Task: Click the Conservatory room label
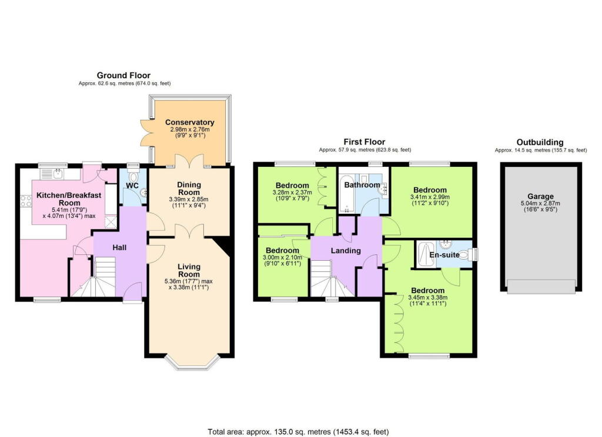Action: coord(189,123)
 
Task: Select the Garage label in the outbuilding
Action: coord(540,197)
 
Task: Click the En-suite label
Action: coord(444,254)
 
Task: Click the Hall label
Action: coord(120,248)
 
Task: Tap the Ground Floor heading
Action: coord(123,75)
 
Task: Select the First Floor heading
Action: coord(364,142)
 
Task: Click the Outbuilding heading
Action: coord(540,142)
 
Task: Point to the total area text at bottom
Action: coord(298,432)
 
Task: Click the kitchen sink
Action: coord(59,173)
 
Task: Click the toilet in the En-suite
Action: coord(468,254)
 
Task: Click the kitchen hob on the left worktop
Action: coord(26,202)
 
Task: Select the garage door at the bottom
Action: coord(541,287)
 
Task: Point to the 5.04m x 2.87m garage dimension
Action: coord(540,204)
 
